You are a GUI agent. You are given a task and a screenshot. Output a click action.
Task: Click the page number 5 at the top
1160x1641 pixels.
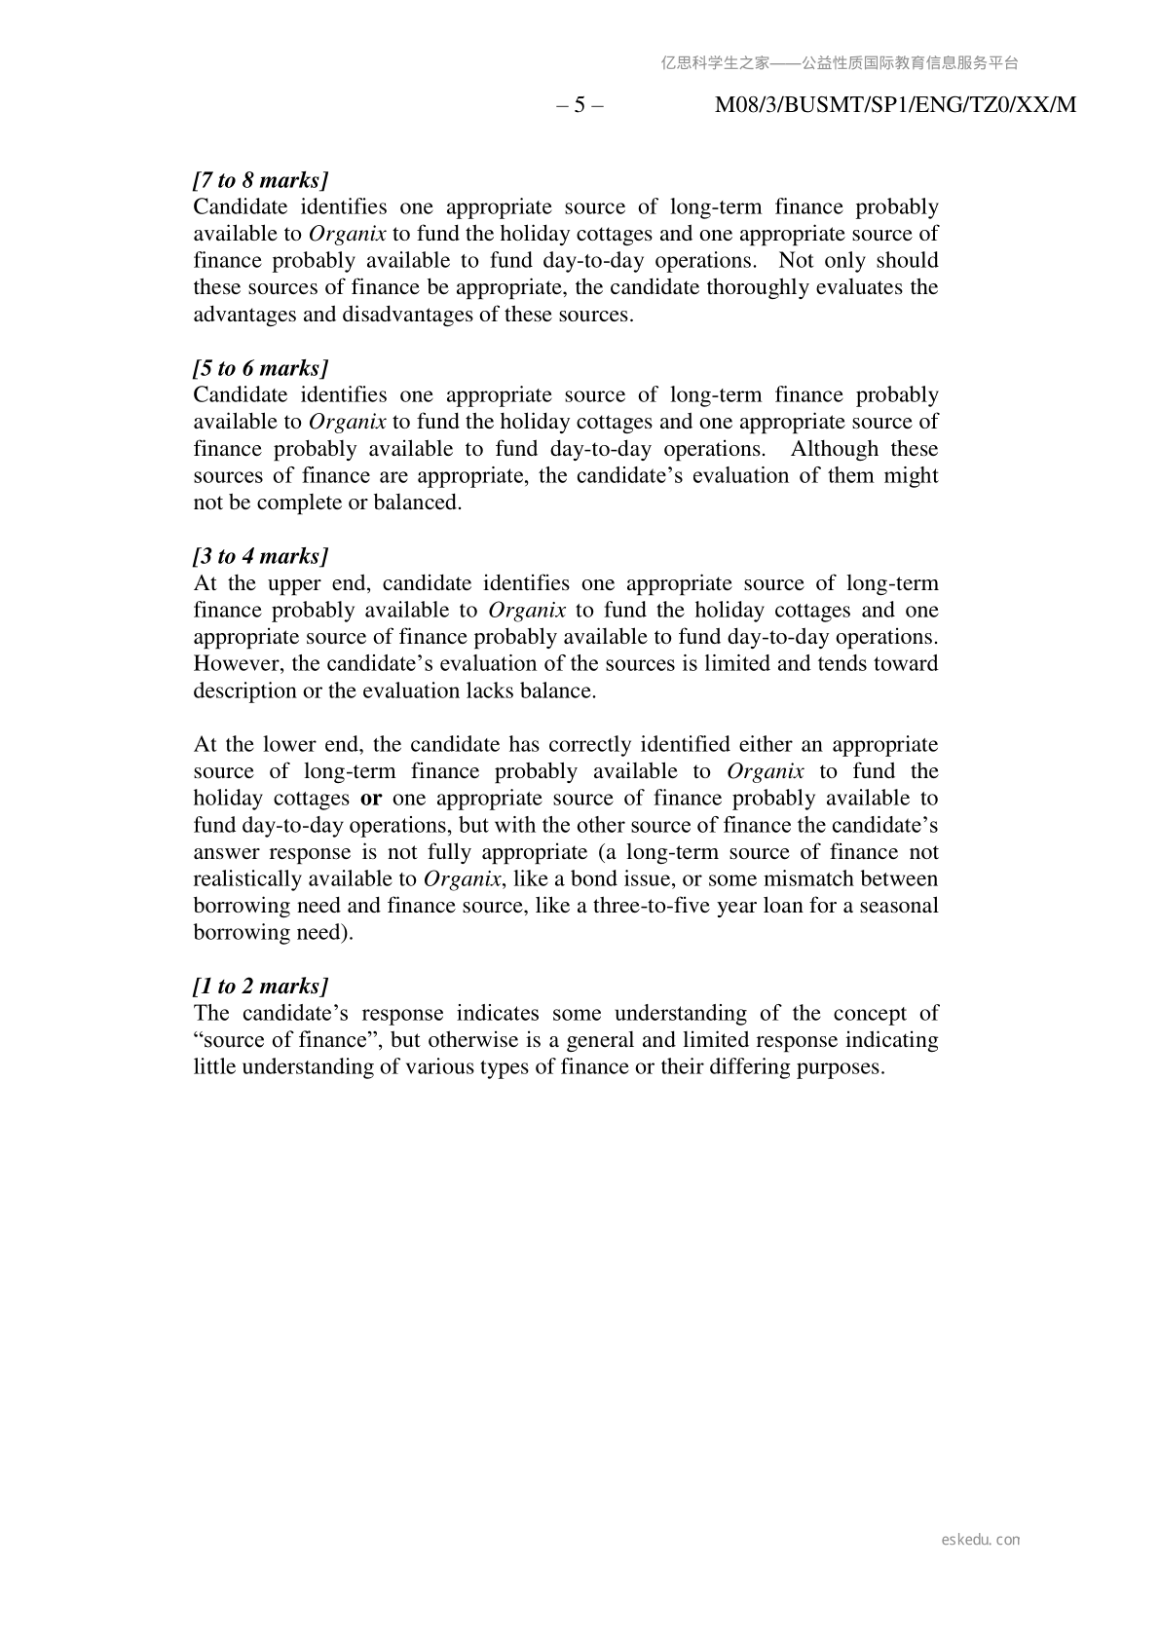tap(580, 105)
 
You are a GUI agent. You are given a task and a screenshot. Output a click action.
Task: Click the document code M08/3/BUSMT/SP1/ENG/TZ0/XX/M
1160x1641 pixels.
tap(895, 105)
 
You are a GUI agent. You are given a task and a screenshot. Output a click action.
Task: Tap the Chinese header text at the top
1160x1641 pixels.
tap(840, 63)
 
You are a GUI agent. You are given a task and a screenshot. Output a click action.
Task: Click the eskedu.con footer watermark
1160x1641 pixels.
tap(981, 1540)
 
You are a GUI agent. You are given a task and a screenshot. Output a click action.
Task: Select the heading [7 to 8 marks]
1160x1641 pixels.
tap(260, 180)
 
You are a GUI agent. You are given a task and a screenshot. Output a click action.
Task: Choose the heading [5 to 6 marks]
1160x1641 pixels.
tap(260, 368)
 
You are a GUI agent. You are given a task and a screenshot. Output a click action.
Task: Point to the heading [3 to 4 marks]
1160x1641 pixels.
tap(260, 556)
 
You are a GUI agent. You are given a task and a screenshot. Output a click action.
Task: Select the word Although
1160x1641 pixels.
tap(833, 449)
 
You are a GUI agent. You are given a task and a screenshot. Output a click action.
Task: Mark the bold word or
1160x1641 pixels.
tap(370, 799)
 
